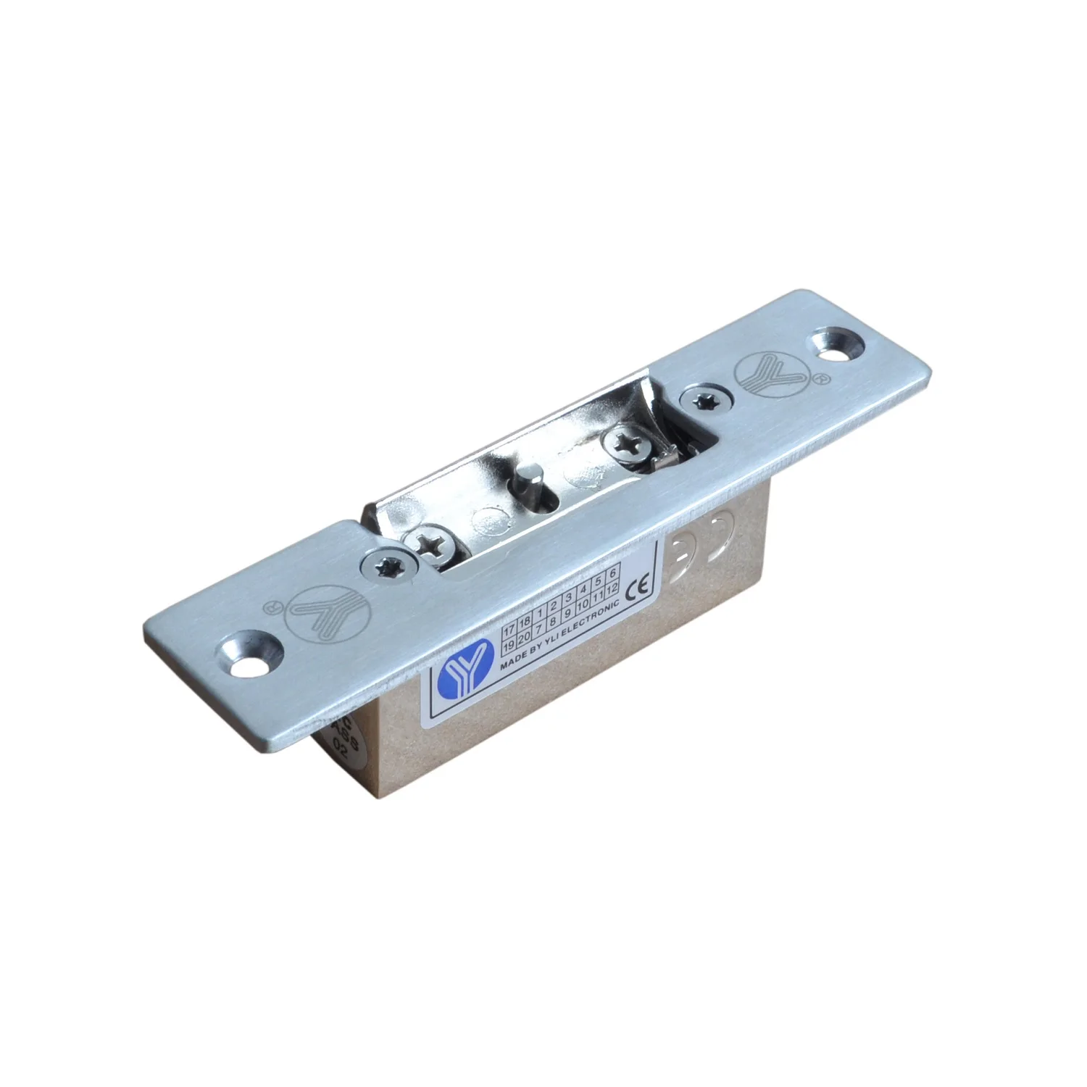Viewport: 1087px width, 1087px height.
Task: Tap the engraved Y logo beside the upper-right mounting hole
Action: coord(762,374)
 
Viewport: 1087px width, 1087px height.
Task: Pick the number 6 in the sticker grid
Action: coord(612,572)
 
